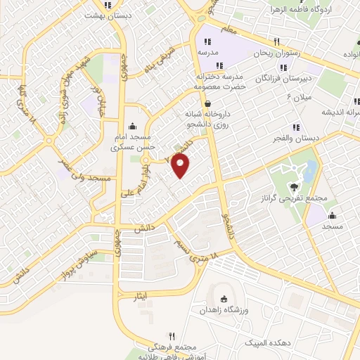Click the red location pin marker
(181, 166)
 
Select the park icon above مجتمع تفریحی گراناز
(293, 186)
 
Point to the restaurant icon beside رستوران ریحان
(277, 41)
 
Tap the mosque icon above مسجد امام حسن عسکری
(133, 125)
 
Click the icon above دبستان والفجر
(295, 127)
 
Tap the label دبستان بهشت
(107, 15)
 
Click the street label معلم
(226, 29)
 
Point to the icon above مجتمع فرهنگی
(171, 337)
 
